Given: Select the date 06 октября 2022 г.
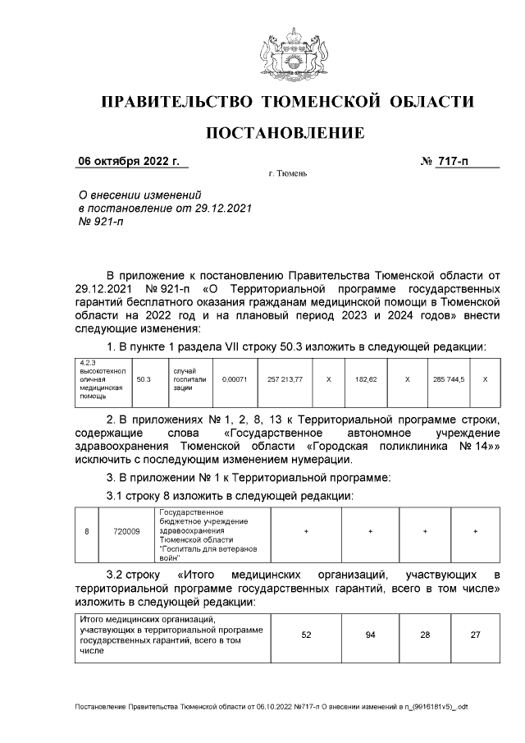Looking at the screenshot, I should [x=128, y=161].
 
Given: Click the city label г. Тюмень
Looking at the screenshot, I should [x=286, y=175].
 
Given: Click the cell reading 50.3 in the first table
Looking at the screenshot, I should [x=144, y=380].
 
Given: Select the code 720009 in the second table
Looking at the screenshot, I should [x=126, y=532].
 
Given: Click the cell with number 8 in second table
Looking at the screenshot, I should [x=86, y=532].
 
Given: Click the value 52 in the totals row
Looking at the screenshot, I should [x=306, y=635].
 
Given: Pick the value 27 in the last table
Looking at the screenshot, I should [x=475, y=635].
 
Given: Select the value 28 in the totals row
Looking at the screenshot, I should [x=425, y=635].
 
